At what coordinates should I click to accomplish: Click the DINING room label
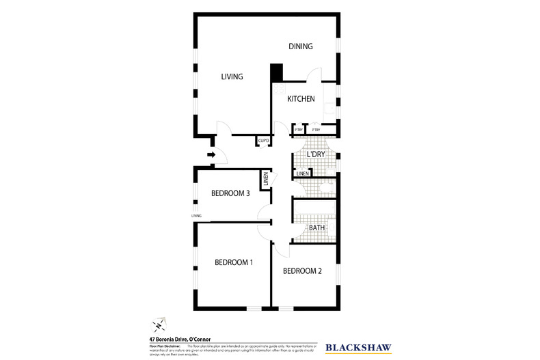[x=300, y=46]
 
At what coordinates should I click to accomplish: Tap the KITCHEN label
[x=301, y=99]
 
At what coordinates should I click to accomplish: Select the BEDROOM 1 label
[x=234, y=262]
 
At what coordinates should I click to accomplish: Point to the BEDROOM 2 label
[x=302, y=271]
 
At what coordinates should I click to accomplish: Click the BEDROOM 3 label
[x=230, y=193]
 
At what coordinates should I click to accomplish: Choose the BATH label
[x=316, y=228]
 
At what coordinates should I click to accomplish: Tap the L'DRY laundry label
[x=315, y=155]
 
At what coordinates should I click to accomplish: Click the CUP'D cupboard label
[x=263, y=141]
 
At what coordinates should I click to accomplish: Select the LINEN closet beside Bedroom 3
[x=264, y=180]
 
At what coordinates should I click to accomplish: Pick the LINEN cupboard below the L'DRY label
[x=303, y=174]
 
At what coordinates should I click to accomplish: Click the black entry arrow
[x=211, y=155]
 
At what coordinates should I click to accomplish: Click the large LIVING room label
[x=232, y=77]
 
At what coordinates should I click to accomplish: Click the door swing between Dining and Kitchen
[x=314, y=77]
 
